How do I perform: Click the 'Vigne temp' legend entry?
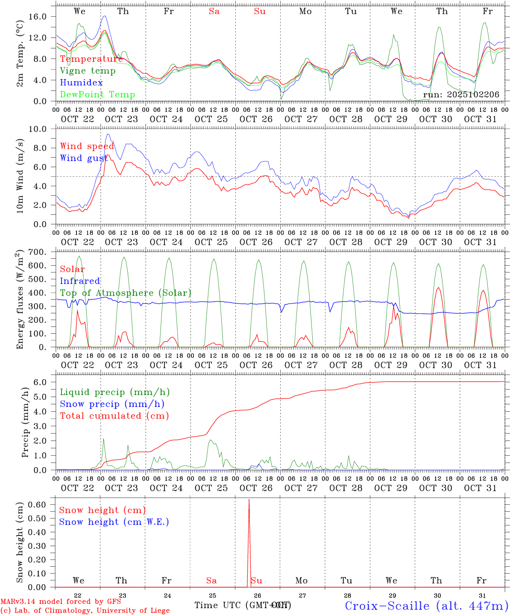pyautogui.click(x=88, y=71)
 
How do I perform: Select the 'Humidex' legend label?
pyautogui.click(x=81, y=83)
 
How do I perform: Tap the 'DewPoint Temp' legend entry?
pyautogui.click(x=97, y=95)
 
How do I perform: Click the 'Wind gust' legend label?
pyautogui.click(x=84, y=158)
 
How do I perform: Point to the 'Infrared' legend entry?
pyautogui.click(x=80, y=281)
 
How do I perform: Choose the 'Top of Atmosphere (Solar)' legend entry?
pyautogui.click(x=125, y=293)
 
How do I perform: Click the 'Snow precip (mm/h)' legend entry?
pyautogui.click(x=112, y=404)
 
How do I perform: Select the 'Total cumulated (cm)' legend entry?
pyautogui.click(x=114, y=416)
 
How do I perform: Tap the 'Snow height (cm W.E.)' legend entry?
pyautogui.click(x=114, y=522)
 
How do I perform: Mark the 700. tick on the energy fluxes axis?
pyautogui.click(x=42, y=252)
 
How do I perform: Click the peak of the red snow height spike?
pyautogui.click(x=249, y=499)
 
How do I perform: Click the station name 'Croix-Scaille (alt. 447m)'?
pyautogui.click(x=426, y=606)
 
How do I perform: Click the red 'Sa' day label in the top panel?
pyautogui.click(x=214, y=12)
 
